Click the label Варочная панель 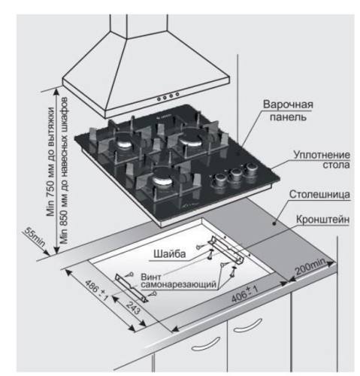click(x=288, y=111)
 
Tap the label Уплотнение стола click(x=322, y=159)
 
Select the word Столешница click(x=319, y=194)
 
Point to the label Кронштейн click(x=322, y=220)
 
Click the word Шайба click(x=170, y=254)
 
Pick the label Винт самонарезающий click(x=178, y=280)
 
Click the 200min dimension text click(x=310, y=266)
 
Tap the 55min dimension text click(x=35, y=237)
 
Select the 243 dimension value click(x=132, y=308)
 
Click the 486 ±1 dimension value click(x=97, y=290)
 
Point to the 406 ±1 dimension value click(x=244, y=294)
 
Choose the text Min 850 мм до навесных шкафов click(x=64, y=171)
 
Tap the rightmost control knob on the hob click(x=251, y=169)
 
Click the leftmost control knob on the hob click(x=220, y=180)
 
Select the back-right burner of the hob click(x=191, y=141)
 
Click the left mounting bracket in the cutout click(x=132, y=288)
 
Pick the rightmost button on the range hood click(x=177, y=95)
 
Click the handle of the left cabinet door click(x=205, y=344)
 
